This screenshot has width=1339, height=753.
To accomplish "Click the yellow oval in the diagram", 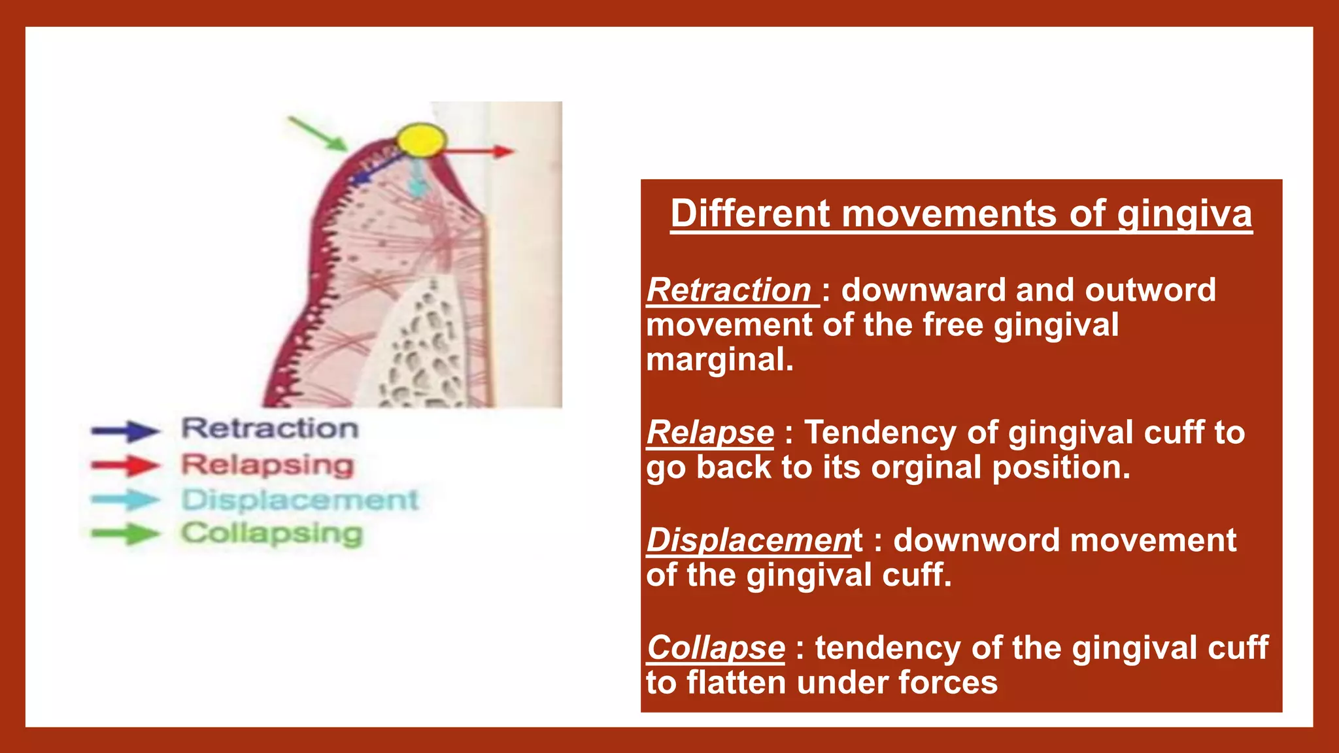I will pyautogui.click(x=422, y=140).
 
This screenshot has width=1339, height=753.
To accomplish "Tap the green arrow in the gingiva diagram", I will pyautogui.click(x=318, y=134).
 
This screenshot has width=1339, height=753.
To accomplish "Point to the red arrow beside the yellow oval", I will pyautogui.click(x=481, y=152).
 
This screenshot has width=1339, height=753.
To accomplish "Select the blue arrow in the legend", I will pyautogui.click(x=126, y=431).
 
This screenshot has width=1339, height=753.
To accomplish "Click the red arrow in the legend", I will pyautogui.click(x=126, y=465).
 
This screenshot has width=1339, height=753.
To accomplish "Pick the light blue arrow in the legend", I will pyautogui.click(x=126, y=500).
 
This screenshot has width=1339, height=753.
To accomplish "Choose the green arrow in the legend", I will pyautogui.click(x=126, y=533).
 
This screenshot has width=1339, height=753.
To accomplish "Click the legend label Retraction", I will pyautogui.click(x=270, y=429).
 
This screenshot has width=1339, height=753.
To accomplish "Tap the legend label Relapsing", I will pyautogui.click(x=267, y=465).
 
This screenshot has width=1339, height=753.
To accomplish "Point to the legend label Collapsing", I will pyautogui.click(x=272, y=534).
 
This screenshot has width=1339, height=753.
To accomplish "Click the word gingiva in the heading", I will pyautogui.click(x=1184, y=214).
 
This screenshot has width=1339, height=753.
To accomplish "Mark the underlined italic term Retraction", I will pyautogui.click(x=728, y=290).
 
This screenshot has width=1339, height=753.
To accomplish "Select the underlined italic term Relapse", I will pyautogui.click(x=710, y=432).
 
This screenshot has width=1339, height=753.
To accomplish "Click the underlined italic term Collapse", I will pyautogui.click(x=715, y=648).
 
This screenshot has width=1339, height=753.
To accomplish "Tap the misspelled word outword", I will pyautogui.click(x=1150, y=290).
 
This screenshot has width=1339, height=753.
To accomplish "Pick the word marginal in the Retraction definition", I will pyautogui.click(x=719, y=360).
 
